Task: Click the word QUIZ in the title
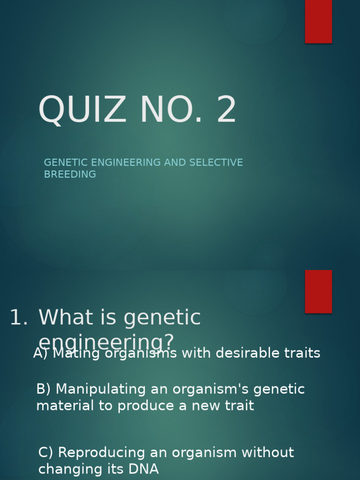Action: (x=82, y=111)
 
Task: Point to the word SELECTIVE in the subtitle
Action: (x=216, y=163)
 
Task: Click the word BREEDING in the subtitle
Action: (x=70, y=174)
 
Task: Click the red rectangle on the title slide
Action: (x=318, y=21)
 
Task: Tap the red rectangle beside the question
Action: (x=318, y=291)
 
